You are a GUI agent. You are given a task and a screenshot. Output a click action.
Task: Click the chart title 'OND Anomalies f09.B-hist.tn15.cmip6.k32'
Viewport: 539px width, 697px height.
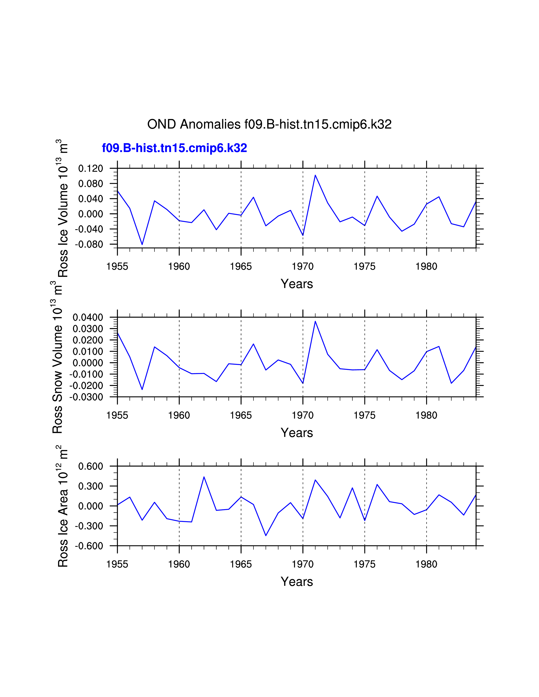(x=269, y=124)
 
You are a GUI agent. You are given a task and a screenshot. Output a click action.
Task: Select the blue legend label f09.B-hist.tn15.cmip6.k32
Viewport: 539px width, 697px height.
(x=174, y=148)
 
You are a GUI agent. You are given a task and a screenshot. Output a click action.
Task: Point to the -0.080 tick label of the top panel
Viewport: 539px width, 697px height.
(x=89, y=244)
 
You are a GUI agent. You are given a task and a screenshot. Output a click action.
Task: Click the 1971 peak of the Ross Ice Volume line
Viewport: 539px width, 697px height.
(x=315, y=175)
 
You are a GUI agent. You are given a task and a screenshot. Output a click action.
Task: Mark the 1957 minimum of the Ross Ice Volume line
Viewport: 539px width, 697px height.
(x=142, y=244)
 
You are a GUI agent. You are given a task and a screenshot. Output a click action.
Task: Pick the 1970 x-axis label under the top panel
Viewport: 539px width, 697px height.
(x=303, y=266)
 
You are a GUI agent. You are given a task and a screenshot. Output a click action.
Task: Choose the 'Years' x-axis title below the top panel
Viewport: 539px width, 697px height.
(x=297, y=284)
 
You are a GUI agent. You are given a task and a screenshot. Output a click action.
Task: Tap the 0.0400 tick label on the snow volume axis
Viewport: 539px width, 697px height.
(x=88, y=317)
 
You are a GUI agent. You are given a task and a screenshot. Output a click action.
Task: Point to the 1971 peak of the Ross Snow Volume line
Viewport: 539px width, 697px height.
(x=315, y=321)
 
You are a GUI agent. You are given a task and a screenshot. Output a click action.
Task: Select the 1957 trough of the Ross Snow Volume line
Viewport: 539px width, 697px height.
(x=142, y=389)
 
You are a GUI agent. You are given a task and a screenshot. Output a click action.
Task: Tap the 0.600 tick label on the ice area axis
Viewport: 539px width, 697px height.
(x=91, y=466)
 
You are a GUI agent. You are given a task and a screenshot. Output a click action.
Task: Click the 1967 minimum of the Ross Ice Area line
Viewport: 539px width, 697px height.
(x=266, y=535)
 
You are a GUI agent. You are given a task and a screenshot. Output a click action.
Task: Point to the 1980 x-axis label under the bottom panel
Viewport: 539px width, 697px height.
(x=426, y=564)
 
